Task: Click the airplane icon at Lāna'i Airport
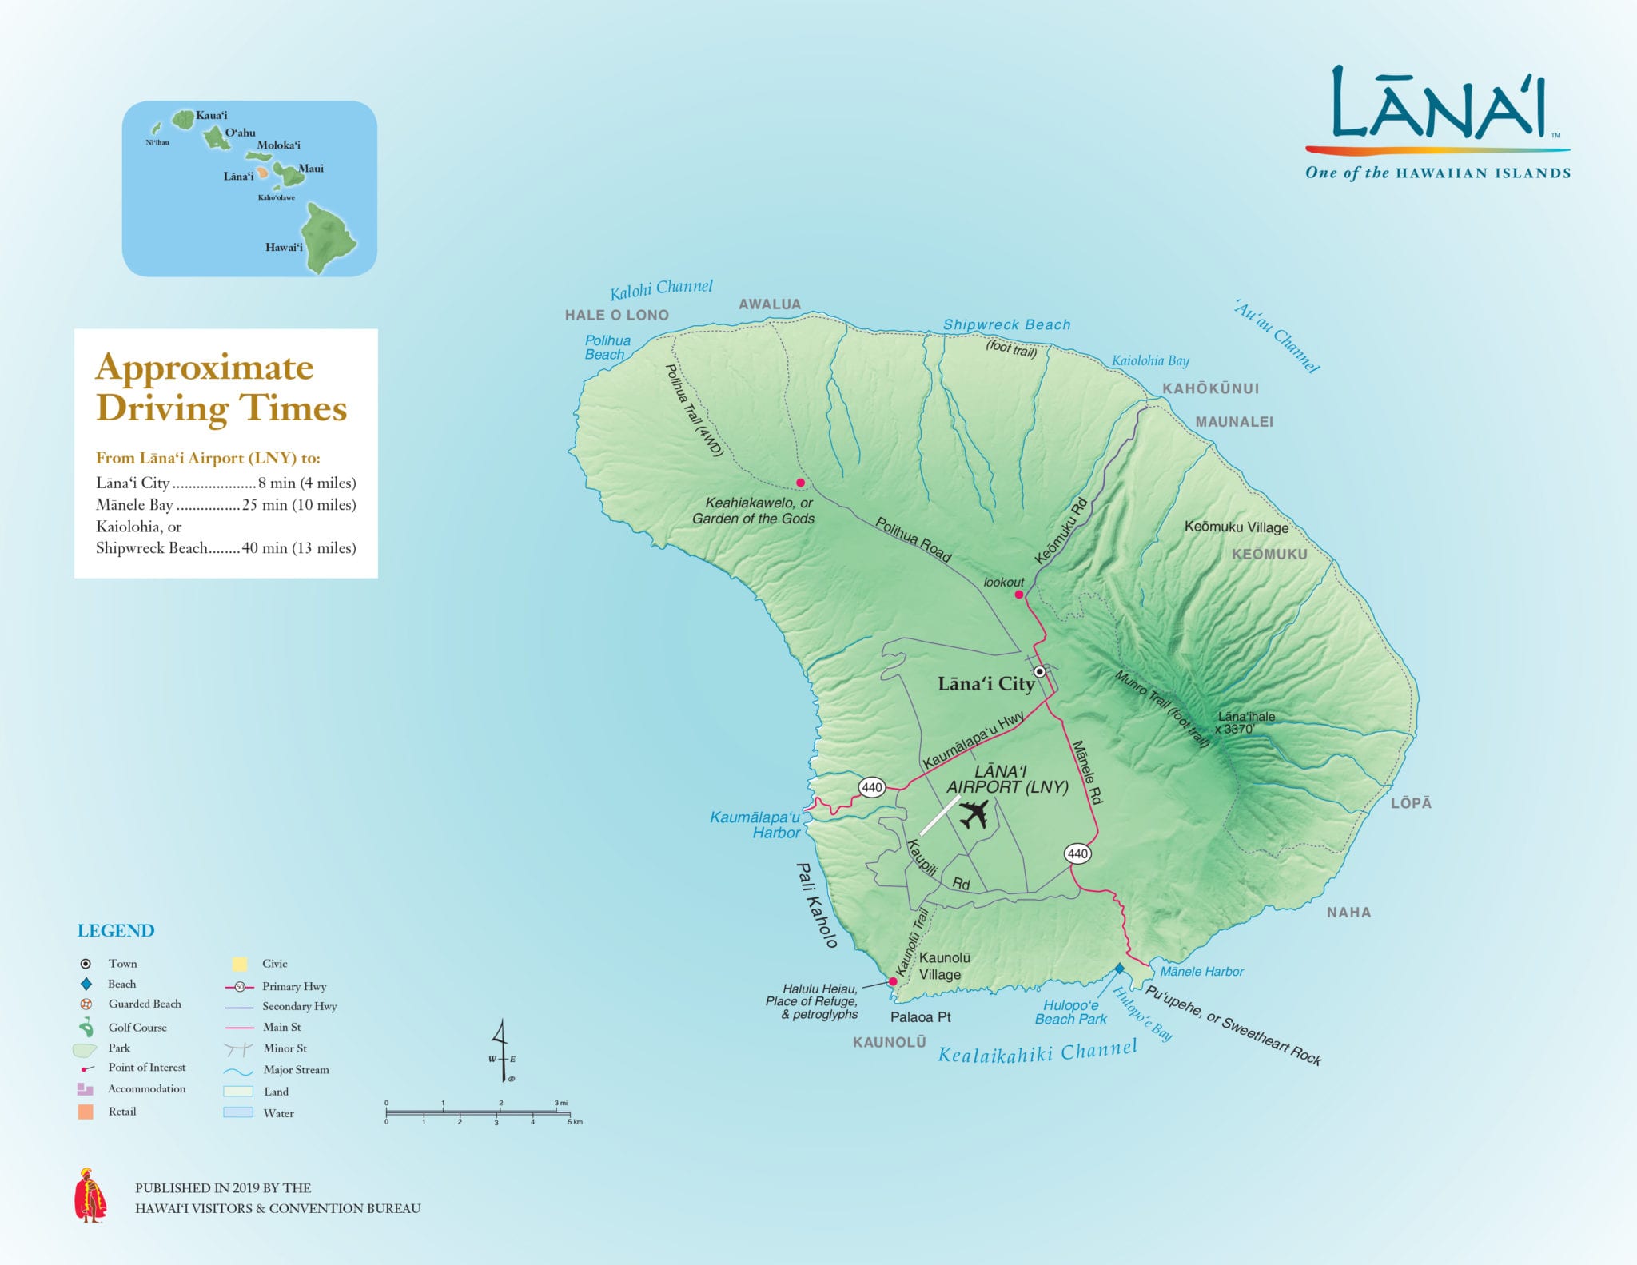[x=974, y=815]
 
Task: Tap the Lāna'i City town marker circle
[x=1039, y=672]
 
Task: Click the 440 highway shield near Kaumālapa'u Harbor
[x=871, y=787]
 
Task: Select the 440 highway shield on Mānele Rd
[x=1077, y=853]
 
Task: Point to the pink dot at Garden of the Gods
[x=800, y=483]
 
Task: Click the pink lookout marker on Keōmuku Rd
[x=1019, y=595]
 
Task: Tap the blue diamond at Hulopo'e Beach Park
[x=1120, y=969]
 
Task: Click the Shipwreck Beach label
[x=1006, y=324]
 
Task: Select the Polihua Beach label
[x=607, y=348]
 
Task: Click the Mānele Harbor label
[x=1201, y=972]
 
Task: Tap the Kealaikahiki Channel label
[x=1037, y=1052]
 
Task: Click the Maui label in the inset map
[x=310, y=168]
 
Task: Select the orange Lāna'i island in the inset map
[x=262, y=173]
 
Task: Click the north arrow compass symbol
[x=502, y=1051]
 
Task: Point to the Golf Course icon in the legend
[x=86, y=1028]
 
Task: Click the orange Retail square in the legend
[x=86, y=1112]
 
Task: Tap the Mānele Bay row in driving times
[x=225, y=505]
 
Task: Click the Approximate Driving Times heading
[x=221, y=388]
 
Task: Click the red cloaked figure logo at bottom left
[x=90, y=1196]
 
